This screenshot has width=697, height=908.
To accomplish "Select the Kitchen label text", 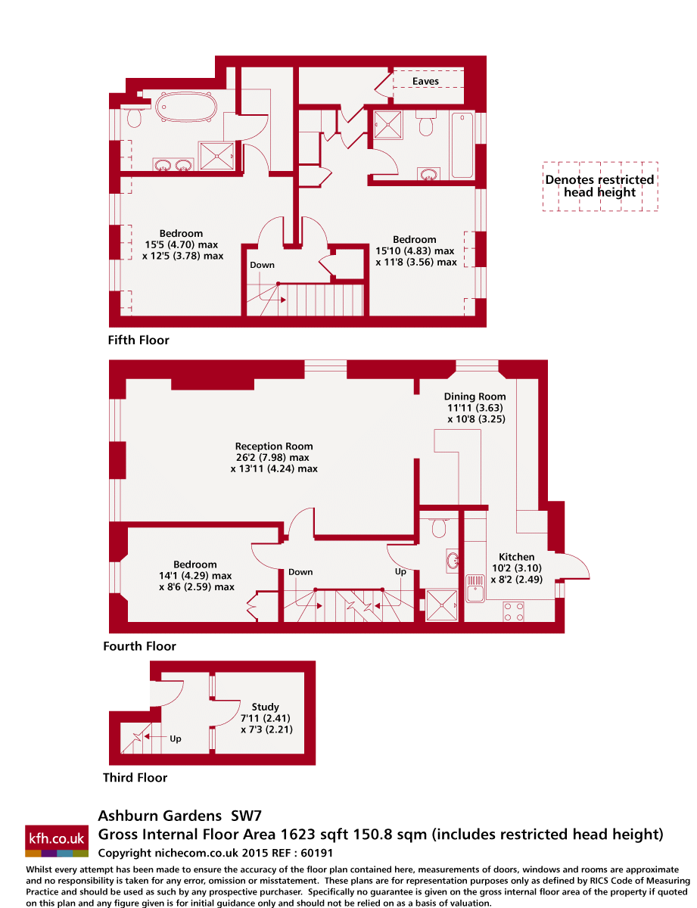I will coord(516,557).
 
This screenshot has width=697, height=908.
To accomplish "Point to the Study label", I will coord(266,707).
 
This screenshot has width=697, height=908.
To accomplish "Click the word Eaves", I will coord(425,81).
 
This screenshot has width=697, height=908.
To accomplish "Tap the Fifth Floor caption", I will coord(138,340).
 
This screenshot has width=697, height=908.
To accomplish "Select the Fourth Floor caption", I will coord(139,646).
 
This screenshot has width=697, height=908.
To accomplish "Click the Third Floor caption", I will coord(135,777).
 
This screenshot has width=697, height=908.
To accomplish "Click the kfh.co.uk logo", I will coord(57,840).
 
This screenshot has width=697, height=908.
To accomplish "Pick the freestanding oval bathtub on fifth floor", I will coord(187,107).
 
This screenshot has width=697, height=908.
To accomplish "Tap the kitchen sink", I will coord(475,588).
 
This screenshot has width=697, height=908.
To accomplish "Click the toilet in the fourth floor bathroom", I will coord(439,527).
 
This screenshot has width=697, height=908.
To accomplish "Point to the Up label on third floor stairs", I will coord(176,739).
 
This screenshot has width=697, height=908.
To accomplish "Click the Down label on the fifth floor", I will coord(262,265).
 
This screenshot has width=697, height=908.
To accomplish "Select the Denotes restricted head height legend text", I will coord(599,186).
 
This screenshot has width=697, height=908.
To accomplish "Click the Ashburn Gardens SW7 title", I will coord(179,816).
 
